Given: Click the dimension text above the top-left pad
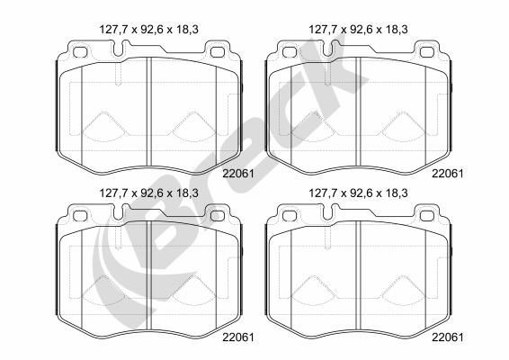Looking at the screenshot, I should pyautogui.click(x=148, y=30).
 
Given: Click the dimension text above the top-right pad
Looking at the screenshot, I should pyautogui.click(x=360, y=30).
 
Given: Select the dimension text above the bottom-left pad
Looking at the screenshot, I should pyautogui.click(x=148, y=191).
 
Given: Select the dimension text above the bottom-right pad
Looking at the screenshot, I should pyautogui.click(x=360, y=191).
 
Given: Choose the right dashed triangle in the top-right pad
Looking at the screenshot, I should pyautogui.click(x=397, y=127).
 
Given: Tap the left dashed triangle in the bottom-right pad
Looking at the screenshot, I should pyautogui.click(x=318, y=290).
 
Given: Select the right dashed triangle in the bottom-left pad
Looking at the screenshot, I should pyautogui.click(x=186, y=290).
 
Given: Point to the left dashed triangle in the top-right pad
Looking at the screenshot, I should pyautogui.click(x=318, y=127).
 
